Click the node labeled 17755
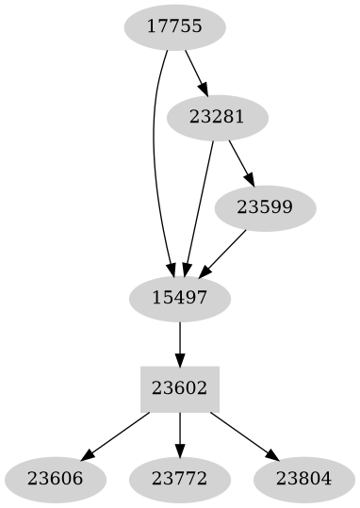pos(174,27)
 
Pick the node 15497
pos(179,298)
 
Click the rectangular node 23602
pos(179,388)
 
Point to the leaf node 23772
pos(179,478)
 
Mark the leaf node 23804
pos(304,478)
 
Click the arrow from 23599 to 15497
pos(223,253)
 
